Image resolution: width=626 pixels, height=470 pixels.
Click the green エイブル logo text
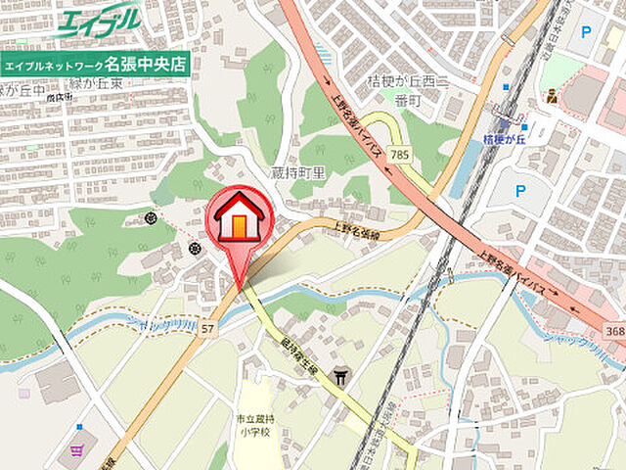98,22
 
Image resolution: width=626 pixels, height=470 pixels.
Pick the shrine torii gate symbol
340,376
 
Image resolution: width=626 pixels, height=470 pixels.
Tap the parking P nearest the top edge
586,32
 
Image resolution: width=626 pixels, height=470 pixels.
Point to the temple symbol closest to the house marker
194,249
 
